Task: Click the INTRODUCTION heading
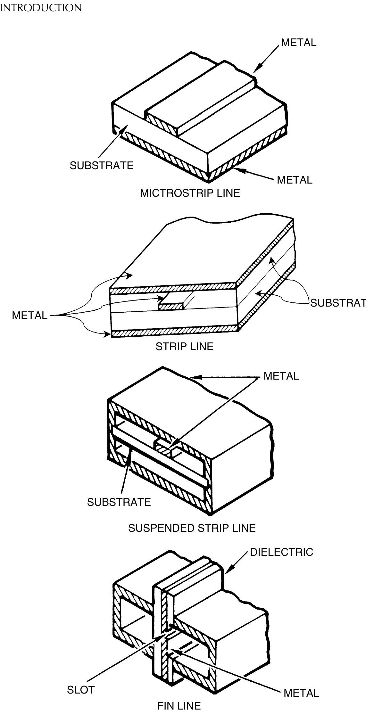pos(41,8)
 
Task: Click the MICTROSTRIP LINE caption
pos(190,193)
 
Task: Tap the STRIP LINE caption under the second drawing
pos(185,346)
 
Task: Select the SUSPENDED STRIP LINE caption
pos(192,528)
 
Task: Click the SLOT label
pos(81,690)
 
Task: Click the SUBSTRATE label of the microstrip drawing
pos(102,165)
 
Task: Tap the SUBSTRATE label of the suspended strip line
pos(119,502)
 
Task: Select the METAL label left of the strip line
pos(29,315)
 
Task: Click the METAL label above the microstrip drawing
pos(299,42)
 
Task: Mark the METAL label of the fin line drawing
pos(302,693)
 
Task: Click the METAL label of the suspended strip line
pos(281,376)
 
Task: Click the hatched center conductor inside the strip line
pos(171,307)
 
